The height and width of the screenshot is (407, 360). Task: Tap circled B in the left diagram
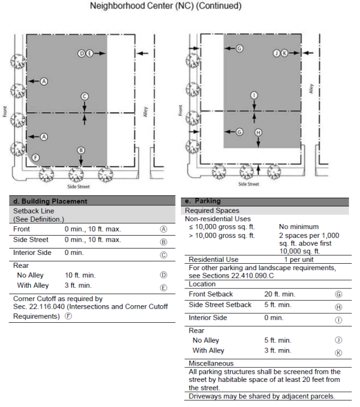click(x=81, y=150)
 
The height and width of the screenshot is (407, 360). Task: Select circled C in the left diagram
click(x=85, y=96)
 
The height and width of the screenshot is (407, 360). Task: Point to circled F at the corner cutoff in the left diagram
click(x=36, y=157)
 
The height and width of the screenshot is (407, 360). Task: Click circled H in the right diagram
click(x=258, y=133)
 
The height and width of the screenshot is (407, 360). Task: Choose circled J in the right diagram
click(x=276, y=53)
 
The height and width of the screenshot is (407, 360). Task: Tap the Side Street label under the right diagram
click(x=249, y=184)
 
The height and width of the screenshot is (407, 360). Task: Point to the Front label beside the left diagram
click(x=5, y=112)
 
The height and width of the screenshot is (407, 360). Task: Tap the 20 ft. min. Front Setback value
click(x=280, y=294)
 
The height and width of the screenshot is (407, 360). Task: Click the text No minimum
click(x=299, y=226)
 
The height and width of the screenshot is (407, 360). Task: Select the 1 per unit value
click(x=299, y=259)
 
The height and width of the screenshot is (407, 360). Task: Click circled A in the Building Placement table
click(x=163, y=229)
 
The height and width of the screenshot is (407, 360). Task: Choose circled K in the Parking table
click(x=338, y=351)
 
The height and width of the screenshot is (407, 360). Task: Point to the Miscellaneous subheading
click(x=211, y=364)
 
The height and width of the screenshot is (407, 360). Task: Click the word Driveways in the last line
click(x=205, y=396)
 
